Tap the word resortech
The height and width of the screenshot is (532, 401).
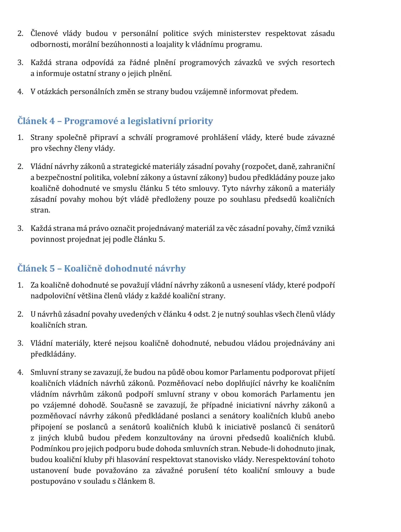click(x=318, y=63)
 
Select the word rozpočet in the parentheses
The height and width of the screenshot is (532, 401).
click(x=259, y=167)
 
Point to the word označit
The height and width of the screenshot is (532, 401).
click(x=122, y=228)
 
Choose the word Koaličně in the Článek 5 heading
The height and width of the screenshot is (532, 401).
click(x=83, y=269)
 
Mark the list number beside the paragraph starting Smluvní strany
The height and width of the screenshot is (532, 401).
click(x=20, y=372)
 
